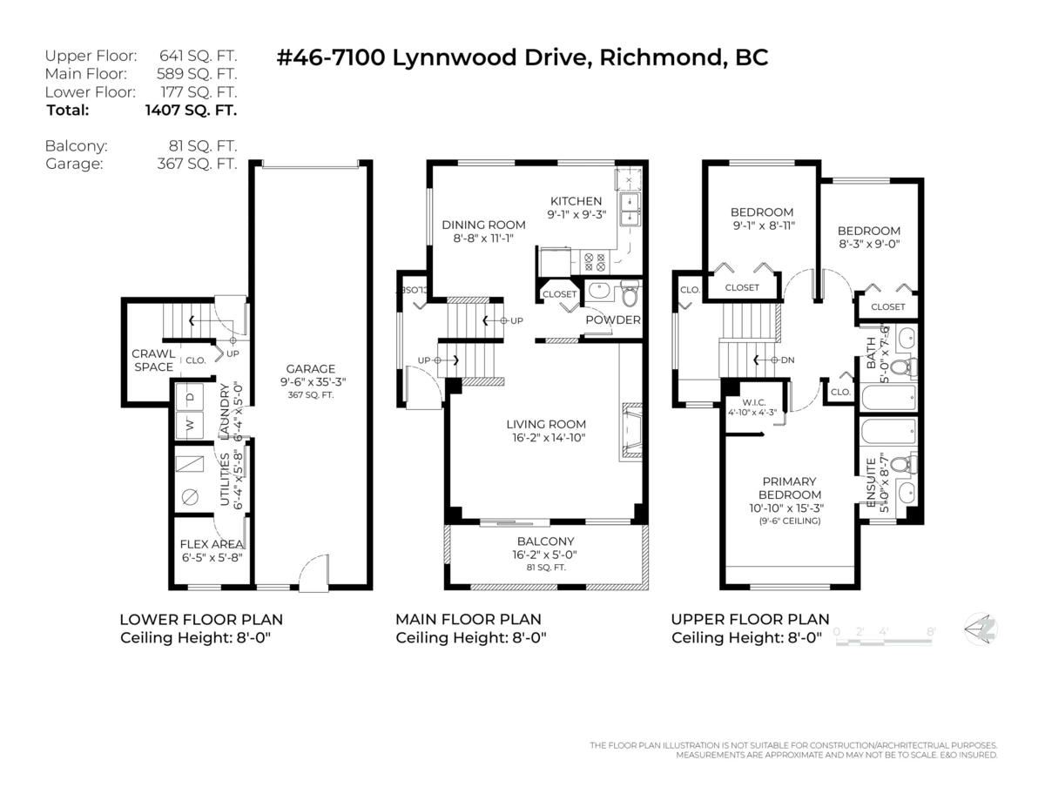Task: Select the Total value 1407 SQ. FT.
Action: pos(191,111)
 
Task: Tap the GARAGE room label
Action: pos(311,369)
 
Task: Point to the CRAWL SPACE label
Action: pos(152,360)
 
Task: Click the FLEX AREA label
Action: pos(212,544)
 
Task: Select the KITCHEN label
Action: pos(576,201)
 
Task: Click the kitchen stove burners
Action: pos(594,262)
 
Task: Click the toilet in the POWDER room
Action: pos(629,294)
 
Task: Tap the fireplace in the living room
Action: pos(631,430)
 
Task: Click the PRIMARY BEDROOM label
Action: pos(789,488)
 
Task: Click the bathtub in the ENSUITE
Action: pos(888,432)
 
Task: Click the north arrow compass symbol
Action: pos(981,629)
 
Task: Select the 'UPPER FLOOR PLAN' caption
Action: pos(750,620)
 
